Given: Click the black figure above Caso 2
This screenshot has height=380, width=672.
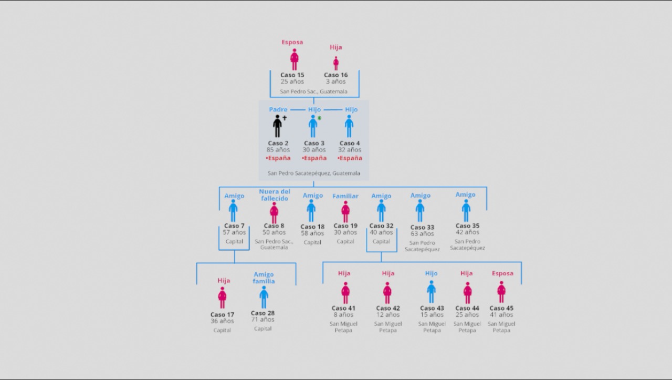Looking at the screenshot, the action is (x=277, y=126).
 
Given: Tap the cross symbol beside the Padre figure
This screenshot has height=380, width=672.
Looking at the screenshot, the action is (x=285, y=118).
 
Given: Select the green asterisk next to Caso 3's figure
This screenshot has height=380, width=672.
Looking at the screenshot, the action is (x=320, y=118).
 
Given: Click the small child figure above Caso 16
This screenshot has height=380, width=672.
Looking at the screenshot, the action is (x=336, y=64).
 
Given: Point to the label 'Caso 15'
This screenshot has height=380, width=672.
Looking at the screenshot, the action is (x=292, y=75).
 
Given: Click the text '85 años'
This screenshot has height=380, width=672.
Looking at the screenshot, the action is (x=278, y=150).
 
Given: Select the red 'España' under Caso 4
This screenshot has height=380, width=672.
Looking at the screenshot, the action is (x=350, y=158).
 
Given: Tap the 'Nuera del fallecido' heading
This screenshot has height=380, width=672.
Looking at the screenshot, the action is (x=275, y=195).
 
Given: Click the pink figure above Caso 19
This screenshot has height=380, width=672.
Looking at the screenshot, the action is (x=345, y=212).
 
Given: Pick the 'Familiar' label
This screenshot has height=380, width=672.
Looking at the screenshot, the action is (x=345, y=196).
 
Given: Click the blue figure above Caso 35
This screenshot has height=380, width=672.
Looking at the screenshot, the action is (x=466, y=211).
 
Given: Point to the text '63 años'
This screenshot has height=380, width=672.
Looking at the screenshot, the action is (x=422, y=234).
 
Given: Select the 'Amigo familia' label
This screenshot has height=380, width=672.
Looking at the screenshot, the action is (x=264, y=278).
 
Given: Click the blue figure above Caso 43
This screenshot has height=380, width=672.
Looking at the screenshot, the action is (x=431, y=292).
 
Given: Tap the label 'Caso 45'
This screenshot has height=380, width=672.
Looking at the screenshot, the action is (x=501, y=308).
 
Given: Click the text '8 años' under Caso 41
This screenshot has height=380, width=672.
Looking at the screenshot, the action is (x=343, y=315).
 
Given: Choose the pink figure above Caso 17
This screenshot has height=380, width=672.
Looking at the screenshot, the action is (x=222, y=297).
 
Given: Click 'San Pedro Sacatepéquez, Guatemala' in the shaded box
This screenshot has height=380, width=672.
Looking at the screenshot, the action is (x=314, y=173).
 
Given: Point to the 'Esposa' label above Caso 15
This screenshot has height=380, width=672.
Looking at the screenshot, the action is (x=292, y=42).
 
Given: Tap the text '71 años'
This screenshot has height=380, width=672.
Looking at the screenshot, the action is (x=263, y=320).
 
